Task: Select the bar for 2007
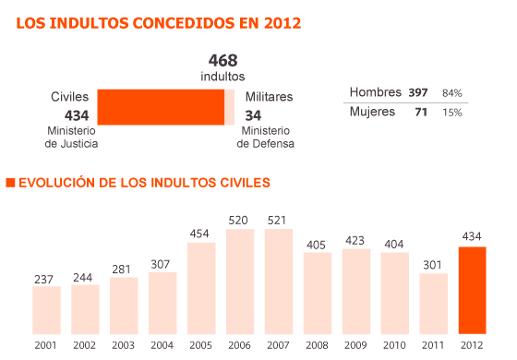click(x=278, y=281)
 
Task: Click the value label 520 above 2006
click(x=239, y=220)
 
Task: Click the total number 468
click(x=222, y=60)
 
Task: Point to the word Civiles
click(x=70, y=96)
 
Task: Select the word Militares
click(x=269, y=96)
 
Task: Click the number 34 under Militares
click(x=255, y=114)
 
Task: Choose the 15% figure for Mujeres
click(x=452, y=113)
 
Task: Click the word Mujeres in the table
click(x=372, y=112)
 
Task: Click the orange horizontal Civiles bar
click(x=161, y=106)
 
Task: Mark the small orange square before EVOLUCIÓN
click(x=10, y=183)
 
